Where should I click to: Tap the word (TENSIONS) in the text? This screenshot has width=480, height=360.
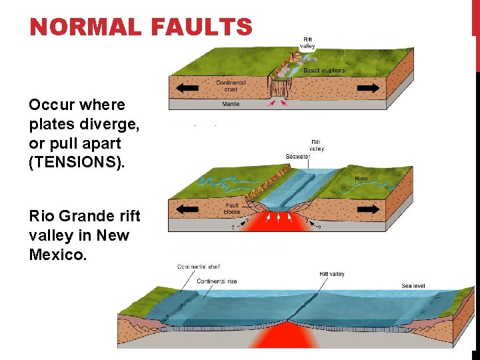[x=77, y=162]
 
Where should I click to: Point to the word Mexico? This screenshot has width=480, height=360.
[x=57, y=254]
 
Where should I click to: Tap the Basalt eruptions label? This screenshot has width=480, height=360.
[x=324, y=70]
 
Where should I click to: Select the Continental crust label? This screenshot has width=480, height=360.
[x=231, y=85]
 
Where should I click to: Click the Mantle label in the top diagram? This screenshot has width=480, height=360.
[x=231, y=104]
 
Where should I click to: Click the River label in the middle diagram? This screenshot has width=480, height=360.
[x=361, y=179]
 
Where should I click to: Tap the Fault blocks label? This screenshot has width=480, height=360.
[x=232, y=209]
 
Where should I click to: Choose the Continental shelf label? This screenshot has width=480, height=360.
[x=200, y=267]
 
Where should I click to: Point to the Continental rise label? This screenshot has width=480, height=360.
[x=217, y=281]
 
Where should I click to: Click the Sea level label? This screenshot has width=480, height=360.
[x=413, y=286]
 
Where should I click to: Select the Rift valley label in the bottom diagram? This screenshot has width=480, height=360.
[x=332, y=274]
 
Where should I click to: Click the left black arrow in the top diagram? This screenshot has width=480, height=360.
[x=187, y=87]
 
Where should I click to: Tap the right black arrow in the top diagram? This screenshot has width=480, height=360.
[x=366, y=87]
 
